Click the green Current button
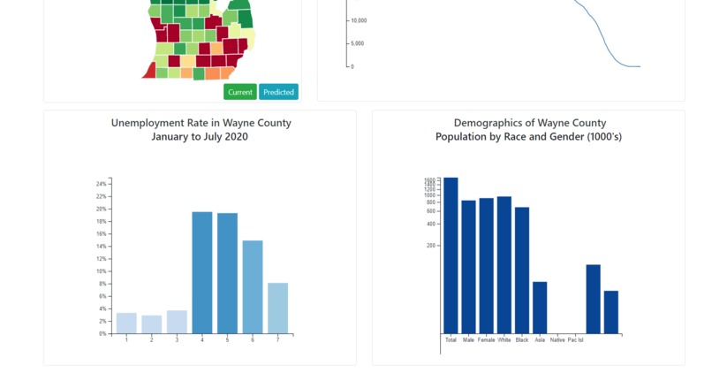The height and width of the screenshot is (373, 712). (x=239, y=92)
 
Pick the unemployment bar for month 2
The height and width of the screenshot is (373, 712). (x=152, y=324)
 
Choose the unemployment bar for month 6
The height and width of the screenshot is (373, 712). (x=253, y=286)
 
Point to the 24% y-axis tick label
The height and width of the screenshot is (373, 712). (x=101, y=184)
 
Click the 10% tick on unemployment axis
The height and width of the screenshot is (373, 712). (x=101, y=271)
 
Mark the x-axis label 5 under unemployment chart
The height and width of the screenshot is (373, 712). (x=227, y=340)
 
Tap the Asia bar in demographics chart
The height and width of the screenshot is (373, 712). (x=540, y=307)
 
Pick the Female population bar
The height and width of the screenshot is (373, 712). (x=486, y=265)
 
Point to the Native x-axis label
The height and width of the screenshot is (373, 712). (x=557, y=340)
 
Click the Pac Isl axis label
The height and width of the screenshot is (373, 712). (x=575, y=340)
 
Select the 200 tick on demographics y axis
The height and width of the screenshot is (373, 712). (x=432, y=246)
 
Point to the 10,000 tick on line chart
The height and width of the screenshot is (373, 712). (x=358, y=20)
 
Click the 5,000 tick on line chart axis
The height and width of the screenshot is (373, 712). (x=359, y=43)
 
